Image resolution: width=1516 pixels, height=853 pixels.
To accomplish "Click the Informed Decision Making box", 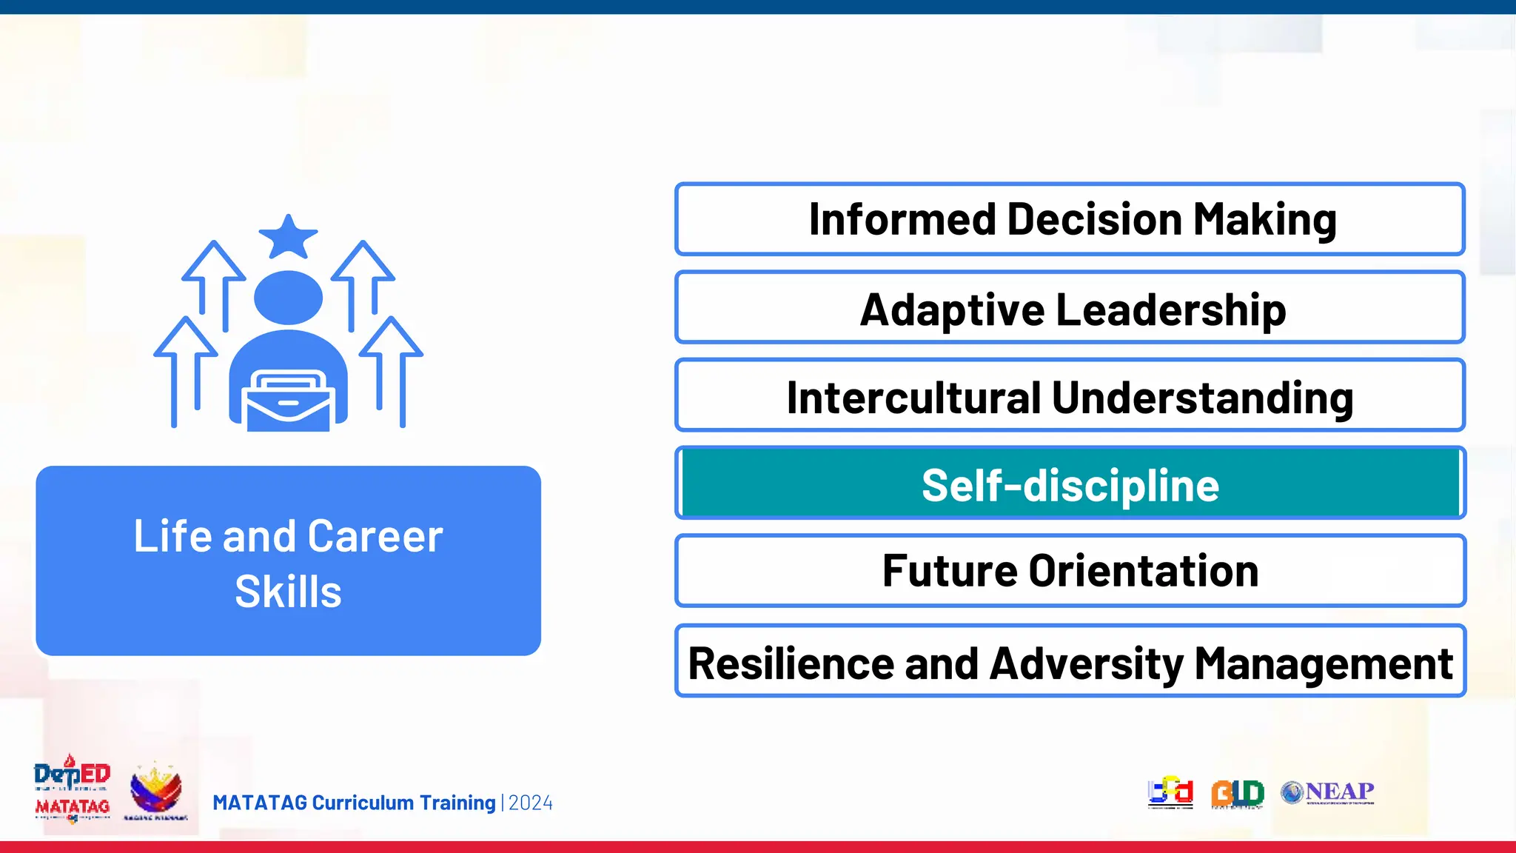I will (1070, 219).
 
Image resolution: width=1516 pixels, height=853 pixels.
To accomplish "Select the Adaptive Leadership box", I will (1070, 307).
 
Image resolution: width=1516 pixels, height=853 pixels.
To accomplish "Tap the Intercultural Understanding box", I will (1070, 395).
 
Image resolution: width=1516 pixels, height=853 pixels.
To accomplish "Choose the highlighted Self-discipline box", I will (1070, 484).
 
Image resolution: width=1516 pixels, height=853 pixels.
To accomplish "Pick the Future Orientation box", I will (1070, 571).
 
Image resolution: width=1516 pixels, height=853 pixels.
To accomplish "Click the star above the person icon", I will (288, 238).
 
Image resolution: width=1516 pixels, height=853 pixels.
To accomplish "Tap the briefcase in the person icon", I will (288, 402).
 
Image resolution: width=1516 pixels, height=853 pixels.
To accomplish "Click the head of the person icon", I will (288, 297).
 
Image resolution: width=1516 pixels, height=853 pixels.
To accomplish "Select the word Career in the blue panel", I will (375, 536).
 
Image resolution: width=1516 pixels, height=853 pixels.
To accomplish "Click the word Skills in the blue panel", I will (288, 592).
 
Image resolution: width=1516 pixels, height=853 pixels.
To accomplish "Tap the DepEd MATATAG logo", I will (72, 789).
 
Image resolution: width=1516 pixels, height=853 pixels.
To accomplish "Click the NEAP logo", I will (1328, 792).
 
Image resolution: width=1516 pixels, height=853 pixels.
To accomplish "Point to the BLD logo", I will (1237, 793).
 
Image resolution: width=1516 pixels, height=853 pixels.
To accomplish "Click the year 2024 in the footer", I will (531, 803).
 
